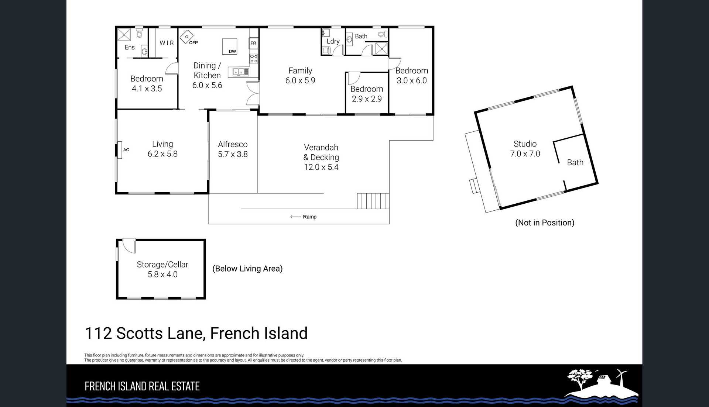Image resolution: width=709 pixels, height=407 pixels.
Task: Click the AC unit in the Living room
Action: (120, 150)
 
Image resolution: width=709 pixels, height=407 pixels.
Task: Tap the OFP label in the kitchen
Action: (193, 43)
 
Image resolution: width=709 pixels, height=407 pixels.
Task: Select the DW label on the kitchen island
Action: (232, 51)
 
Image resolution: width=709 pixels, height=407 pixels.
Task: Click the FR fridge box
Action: (253, 43)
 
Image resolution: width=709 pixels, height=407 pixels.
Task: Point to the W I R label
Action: (167, 43)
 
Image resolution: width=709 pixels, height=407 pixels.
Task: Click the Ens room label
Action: (130, 47)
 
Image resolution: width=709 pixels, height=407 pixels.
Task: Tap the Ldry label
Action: (333, 41)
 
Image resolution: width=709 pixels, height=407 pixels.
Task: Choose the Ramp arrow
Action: (295, 217)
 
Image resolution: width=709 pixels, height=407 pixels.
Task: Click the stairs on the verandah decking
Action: (373, 201)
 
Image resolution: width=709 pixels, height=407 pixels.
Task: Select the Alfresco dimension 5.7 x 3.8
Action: (233, 154)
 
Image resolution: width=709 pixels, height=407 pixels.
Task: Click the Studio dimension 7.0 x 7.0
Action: (525, 154)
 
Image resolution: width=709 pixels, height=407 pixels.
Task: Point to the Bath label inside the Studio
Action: (575, 162)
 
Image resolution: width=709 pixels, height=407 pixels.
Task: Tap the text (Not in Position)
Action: (545, 223)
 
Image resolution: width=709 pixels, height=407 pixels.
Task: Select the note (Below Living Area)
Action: (247, 269)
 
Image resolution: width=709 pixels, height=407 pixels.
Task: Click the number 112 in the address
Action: (98, 333)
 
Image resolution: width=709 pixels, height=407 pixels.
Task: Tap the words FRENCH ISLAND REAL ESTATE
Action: (142, 386)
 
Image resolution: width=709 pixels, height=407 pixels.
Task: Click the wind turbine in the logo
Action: (621, 376)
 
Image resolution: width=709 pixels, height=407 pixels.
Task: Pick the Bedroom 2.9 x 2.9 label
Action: (367, 94)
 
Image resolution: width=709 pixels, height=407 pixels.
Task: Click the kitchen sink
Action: (238, 72)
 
